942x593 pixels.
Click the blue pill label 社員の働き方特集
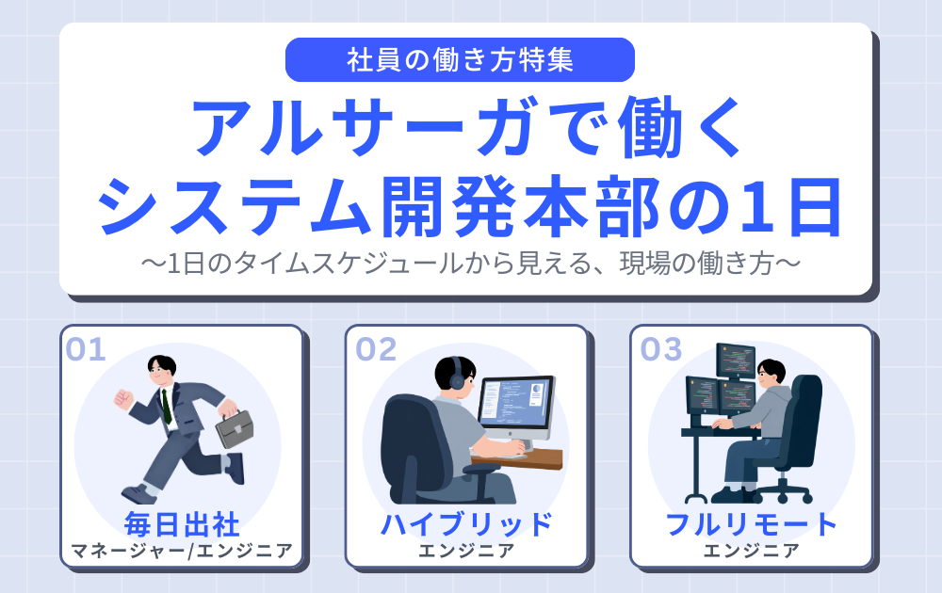tap(460, 60)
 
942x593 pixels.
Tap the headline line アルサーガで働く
tap(468, 127)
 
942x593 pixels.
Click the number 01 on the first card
tap(86, 349)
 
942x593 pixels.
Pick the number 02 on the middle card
tap(376, 349)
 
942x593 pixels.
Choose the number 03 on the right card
tap(660, 349)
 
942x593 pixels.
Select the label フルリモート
tap(751, 522)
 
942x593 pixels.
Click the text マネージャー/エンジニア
tap(182, 550)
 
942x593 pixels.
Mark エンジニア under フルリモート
tap(751, 550)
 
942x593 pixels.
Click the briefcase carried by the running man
tap(235, 428)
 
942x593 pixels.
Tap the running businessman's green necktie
tap(166, 406)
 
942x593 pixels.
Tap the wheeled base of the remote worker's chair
tap(781, 491)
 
